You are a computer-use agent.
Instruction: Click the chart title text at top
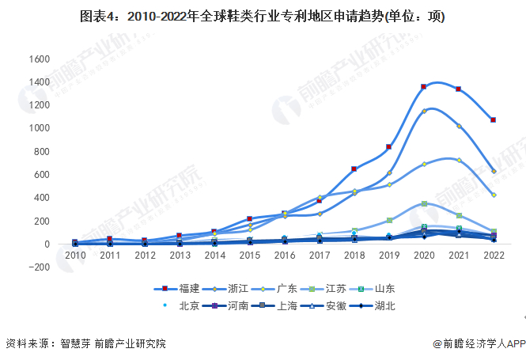pos(262,17)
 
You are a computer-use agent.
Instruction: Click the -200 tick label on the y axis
pos(39,267)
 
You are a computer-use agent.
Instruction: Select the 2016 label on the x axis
pos(285,256)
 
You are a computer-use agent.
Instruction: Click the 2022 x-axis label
pos(494,256)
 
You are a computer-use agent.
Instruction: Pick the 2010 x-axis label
pos(75,256)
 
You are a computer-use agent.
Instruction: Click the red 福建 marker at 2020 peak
pos(424,86)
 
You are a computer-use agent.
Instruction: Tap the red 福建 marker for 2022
pos(494,120)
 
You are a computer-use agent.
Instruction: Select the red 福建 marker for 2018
pos(354,169)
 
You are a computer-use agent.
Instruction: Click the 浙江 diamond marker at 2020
pos(424,111)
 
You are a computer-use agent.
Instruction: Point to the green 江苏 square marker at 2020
pos(424,203)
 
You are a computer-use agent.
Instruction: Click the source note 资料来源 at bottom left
pos(85,343)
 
